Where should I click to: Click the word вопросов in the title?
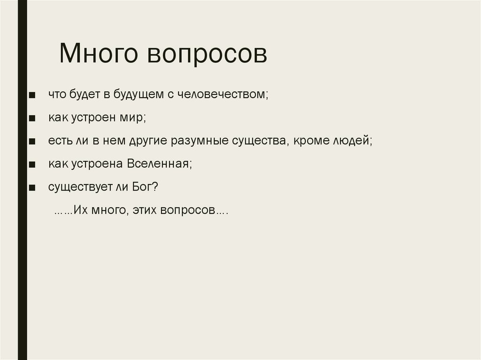pos(207,54)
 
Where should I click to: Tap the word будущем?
pos(138,94)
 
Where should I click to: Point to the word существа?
pos(261,141)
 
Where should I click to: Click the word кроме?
pos(310,141)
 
